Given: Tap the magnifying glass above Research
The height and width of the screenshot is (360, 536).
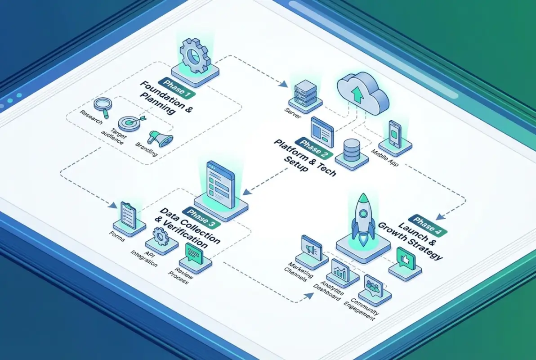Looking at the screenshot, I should (x=103, y=106).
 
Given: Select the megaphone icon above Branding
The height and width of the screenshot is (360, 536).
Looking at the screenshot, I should (x=160, y=138).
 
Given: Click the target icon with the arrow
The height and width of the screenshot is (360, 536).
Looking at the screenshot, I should (x=130, y=122).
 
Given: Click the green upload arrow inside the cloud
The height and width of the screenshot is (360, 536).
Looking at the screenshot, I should (x=358, y=94).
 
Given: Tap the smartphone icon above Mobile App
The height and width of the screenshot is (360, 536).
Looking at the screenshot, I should (x=394, y=134).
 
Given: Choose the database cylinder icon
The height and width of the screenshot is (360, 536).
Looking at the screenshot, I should (x=351, y=151).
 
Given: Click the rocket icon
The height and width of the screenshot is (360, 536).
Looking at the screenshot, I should (x=362, y=216).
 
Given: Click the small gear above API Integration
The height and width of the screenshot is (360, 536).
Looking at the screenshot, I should (x=161, y=237).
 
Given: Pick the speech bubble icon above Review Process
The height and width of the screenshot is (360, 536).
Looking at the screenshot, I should (x=195, y=255).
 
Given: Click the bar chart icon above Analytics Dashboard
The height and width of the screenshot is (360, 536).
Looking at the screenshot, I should (x=341, y=270).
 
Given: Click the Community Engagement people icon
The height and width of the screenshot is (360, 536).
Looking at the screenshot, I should (x=373, y=285).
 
